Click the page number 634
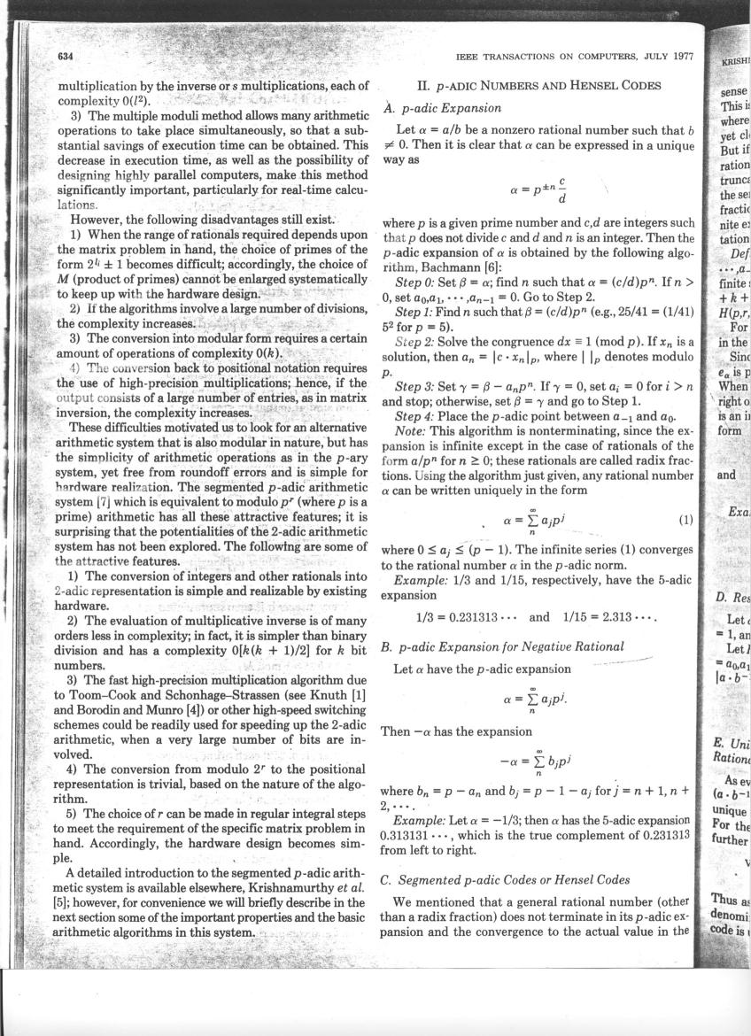[x=64, y=57]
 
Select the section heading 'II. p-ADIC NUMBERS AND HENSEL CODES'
[x=538, y=86]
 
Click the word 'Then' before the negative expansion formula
[x=394, y=731]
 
